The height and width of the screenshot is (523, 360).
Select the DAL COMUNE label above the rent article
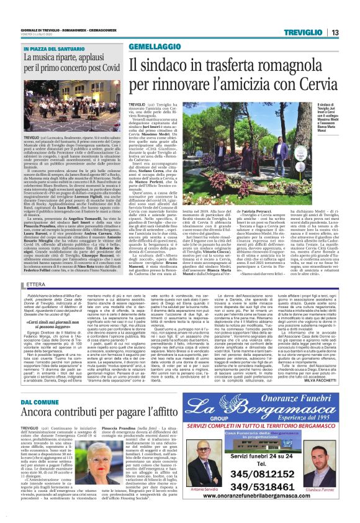[x=41, y=402]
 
